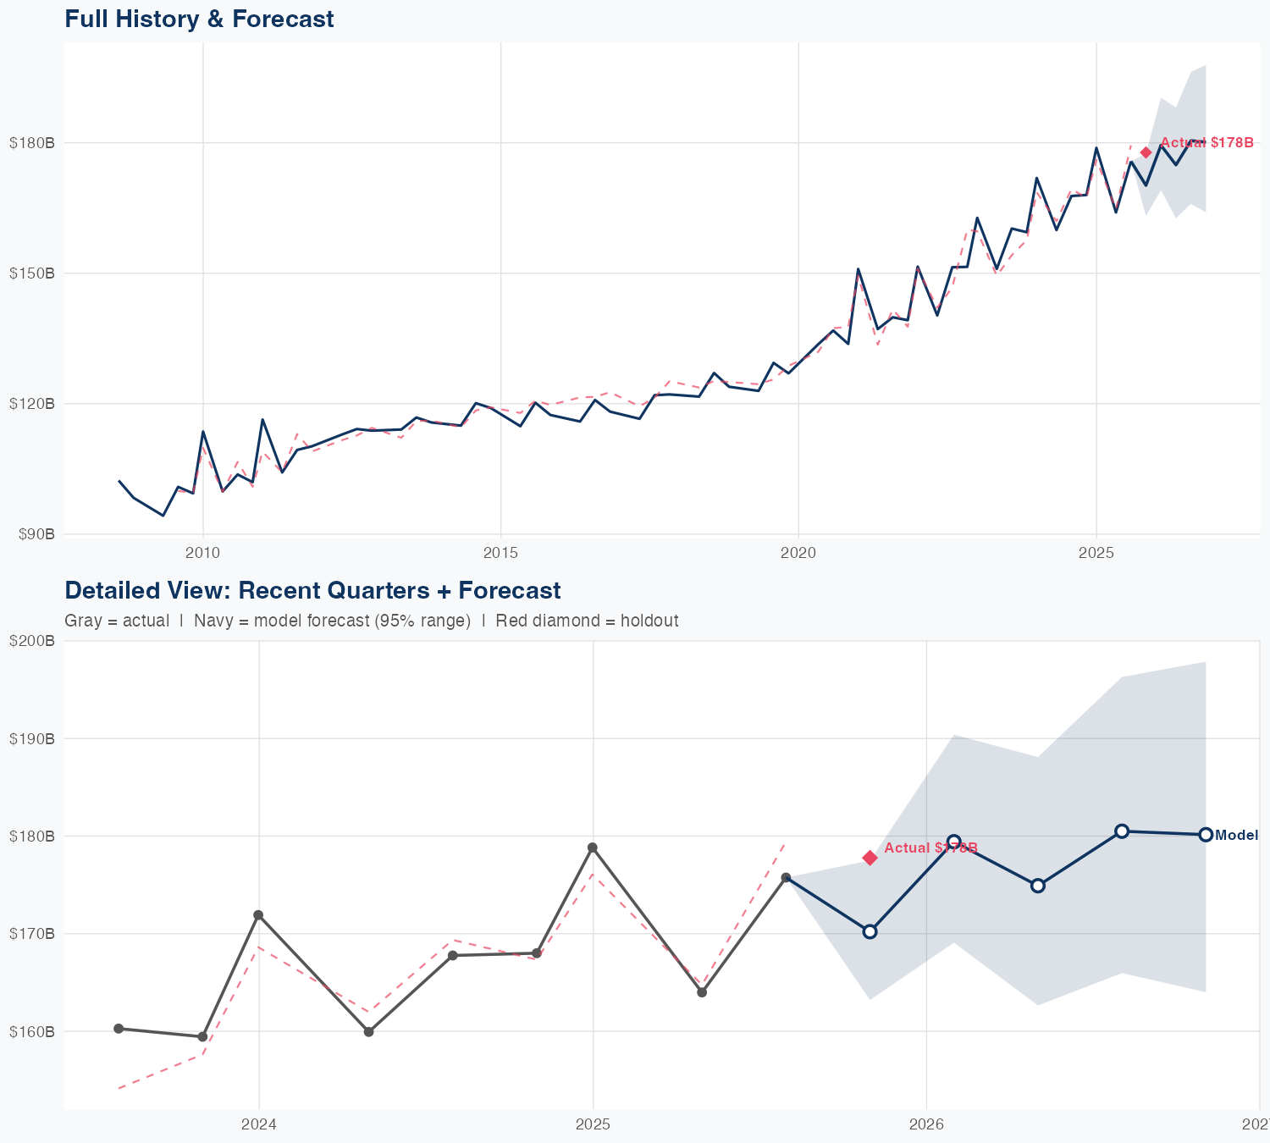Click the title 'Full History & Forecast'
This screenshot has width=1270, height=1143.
click(x=199, y=19)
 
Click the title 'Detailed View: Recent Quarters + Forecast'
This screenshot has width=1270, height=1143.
click(x=312, y=590)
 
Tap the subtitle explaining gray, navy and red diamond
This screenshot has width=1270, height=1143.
click(x=371, y=621)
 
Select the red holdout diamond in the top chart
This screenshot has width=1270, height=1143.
click(x=1146, y=152)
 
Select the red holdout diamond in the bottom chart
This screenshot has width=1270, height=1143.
click(x=870, y=858)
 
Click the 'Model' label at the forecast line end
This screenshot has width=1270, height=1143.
click(x=1236, y=836)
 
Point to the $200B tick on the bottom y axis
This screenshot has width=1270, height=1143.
click(x=32, y=641)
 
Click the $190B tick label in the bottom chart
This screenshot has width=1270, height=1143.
click(x=32, y=738)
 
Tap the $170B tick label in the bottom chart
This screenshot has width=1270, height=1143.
click(x=32, y=934)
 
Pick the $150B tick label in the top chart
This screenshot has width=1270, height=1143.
click(x=32, y=273)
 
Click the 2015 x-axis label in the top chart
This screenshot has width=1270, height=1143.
click(x=500, y=553)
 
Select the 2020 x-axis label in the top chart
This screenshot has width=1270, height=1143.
click(x=798, y=553)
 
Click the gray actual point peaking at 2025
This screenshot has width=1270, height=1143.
click(x=593, y=848)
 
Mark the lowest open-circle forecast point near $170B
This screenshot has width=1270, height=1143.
click(x=870, y=931)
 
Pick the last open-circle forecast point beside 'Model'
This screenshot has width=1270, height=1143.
click(x=1206, y=835)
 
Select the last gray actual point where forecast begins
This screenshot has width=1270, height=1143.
click(x=786, y=877)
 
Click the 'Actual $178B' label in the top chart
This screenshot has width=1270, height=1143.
click(x=1206, y=142)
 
